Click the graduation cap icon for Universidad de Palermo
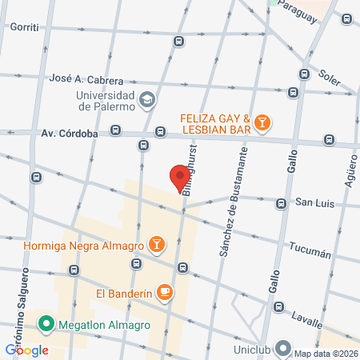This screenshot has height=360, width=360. [147, 100]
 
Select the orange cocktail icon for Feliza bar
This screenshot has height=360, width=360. [262, 122]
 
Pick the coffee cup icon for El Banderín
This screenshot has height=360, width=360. [165, 292]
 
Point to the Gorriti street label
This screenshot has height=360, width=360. [25, 26]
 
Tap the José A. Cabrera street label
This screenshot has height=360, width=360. [86, 81]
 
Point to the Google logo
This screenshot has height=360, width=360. [26, 350]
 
